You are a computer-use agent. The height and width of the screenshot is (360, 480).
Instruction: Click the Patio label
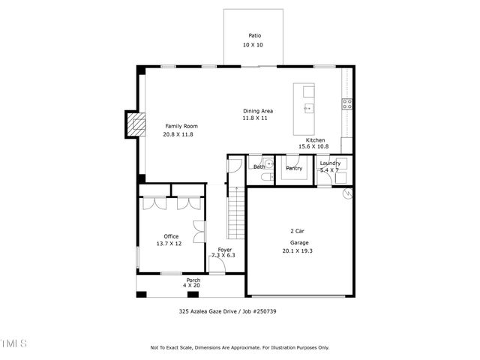254,35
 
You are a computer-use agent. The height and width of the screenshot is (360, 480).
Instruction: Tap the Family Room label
180,126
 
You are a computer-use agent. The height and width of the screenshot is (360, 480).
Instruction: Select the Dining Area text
257,111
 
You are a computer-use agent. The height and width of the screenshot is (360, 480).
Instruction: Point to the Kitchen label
315,140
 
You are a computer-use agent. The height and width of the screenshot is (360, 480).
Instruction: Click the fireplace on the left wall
135,124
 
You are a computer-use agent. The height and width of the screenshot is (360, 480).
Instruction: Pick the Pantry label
294,168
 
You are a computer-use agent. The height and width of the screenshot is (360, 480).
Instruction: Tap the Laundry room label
330,163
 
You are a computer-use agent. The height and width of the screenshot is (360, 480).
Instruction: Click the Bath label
259,166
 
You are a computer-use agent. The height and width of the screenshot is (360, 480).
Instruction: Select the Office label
170,236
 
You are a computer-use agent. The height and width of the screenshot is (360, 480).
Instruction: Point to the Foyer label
224,249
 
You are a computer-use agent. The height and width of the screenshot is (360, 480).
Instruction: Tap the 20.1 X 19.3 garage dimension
297,251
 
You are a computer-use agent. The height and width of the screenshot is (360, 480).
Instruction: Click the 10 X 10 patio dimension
254,46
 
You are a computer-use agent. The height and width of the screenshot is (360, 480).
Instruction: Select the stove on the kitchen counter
347,104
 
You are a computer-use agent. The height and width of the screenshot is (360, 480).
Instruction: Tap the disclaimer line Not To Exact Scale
239,348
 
